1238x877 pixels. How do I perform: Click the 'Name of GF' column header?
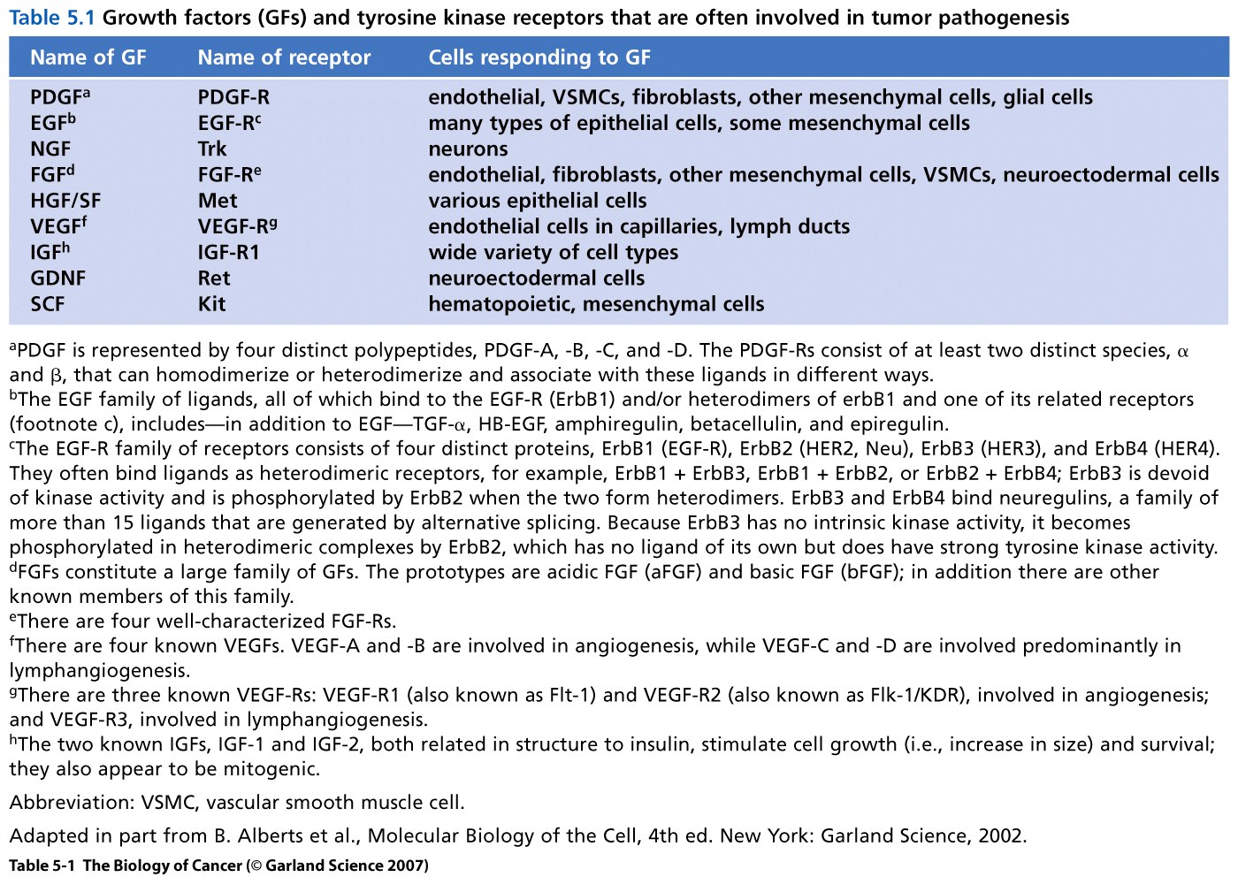[x=88, y=57]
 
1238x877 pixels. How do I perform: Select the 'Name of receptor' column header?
[x=284, y=57]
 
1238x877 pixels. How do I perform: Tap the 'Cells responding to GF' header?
[x=539, y=57]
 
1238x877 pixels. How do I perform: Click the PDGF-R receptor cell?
[x=233, y=97]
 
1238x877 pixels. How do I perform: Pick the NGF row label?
[x=50, y=149]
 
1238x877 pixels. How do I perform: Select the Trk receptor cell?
[x=212, y=149]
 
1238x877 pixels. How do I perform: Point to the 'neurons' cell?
[x=468, y=149]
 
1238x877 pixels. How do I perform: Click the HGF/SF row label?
[x=65, y=201]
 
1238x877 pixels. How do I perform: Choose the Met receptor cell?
[x=218, y=201]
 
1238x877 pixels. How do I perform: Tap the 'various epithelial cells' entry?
[x=538, y=201]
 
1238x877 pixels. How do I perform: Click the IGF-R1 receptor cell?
[x=228, y=252]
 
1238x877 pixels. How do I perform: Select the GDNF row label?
[x=57, y=278]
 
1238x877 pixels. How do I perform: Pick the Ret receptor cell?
[x=214, y=278]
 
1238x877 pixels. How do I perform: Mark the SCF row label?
[x=48, y=304]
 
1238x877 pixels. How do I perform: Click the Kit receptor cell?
[x=212, y=304]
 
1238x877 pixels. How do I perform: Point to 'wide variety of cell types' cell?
[x=553, y=252]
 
